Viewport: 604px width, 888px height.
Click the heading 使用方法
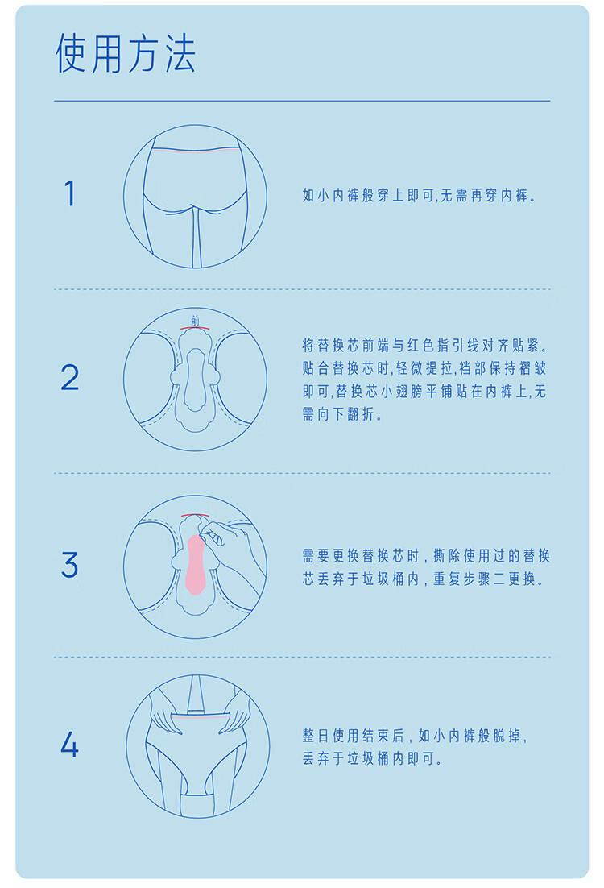[x=125, y=53]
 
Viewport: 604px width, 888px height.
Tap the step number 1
[x=69, y=193]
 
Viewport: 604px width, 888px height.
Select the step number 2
[x=69, y=378]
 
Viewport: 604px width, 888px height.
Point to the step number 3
[x=69, y=565]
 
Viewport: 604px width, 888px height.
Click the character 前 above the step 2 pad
[x=196, y=321]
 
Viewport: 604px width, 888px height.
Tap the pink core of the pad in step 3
[x=195, y=564]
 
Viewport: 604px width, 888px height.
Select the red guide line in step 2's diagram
[x=196, y=328]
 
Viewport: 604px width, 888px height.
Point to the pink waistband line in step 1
[x=196, y=151]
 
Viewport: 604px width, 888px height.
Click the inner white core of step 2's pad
[x=195, y=380]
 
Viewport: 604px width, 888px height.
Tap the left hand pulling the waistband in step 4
[x=166, y=715]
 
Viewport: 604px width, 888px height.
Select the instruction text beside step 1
[x=420, y=195]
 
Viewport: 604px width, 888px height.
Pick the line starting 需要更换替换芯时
[x=426, y=555]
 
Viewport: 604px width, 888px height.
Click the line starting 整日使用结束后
[x=415, y=736]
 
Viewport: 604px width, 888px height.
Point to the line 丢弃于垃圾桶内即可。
[x=373, y=759]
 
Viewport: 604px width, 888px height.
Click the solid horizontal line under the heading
[x=302, y=101]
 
